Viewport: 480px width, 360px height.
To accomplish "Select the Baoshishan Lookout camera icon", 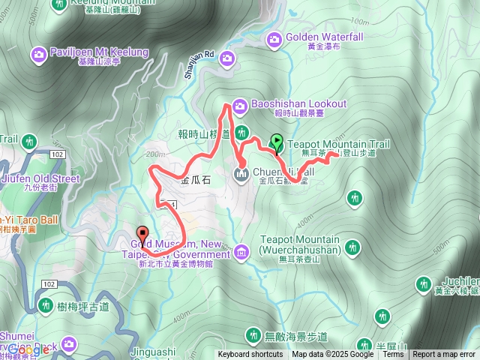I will [x=239, y=104].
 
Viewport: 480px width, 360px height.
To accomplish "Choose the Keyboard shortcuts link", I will [x=250, y=355].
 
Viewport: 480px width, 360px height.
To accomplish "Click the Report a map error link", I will [x=443, y=355].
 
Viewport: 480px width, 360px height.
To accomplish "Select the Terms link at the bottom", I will [x=393, y=355].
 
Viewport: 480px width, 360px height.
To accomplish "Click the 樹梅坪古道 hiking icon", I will [x=45, y=306].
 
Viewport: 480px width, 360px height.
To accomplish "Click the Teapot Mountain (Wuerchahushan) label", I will [x=300, y=244].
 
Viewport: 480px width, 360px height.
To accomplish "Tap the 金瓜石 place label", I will [x=195, y=181].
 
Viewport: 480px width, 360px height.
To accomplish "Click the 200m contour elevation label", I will [x=155, y=154].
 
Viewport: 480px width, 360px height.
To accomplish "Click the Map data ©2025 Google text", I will [x=333, y=355].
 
